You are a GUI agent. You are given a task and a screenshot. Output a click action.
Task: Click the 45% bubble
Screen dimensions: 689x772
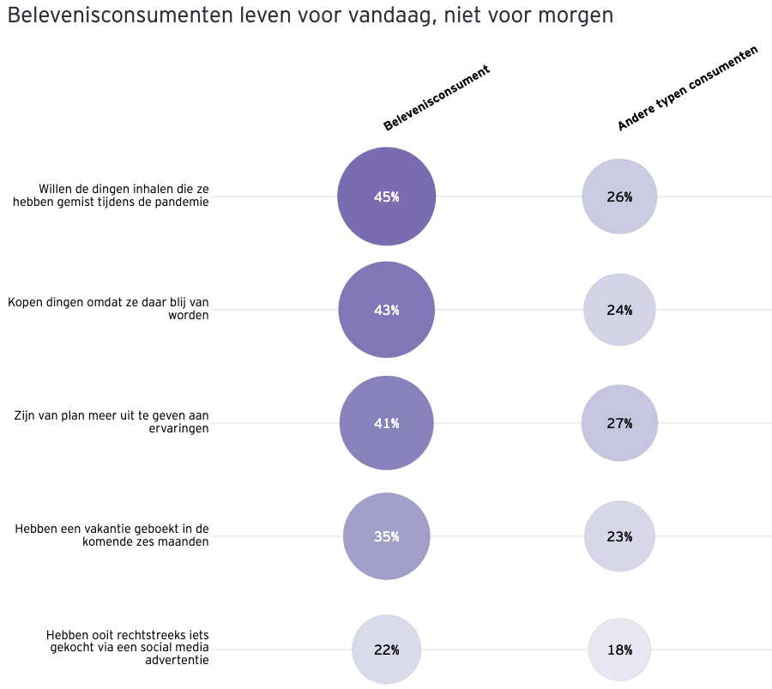tap(386, 196)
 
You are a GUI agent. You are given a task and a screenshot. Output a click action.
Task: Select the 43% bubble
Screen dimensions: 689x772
tap(386, 310)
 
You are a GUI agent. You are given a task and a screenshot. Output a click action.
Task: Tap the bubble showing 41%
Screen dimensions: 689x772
tap(386, 423)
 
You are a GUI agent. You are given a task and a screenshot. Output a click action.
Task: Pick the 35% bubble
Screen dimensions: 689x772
tap(386, 536)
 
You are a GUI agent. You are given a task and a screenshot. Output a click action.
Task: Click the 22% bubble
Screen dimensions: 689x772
tap(386, 650)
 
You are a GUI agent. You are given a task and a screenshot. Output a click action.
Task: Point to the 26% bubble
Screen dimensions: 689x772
tap(619, 196)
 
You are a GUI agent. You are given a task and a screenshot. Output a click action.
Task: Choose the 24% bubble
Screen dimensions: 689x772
tap(619, 310)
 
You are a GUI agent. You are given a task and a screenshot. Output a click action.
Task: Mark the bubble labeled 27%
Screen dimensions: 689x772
tap(619, 423)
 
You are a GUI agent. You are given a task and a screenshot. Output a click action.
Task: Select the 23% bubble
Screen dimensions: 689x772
tap(619, 536)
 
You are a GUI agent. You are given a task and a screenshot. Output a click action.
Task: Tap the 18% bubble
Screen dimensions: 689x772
tap(619, 650)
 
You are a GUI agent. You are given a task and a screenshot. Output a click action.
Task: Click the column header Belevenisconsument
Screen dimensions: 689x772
tap(437, 98)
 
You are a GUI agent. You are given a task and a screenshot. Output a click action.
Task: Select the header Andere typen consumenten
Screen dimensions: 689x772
tap(688, 89)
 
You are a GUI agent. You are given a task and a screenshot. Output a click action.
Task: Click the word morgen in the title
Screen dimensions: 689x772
tap(578, 16)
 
